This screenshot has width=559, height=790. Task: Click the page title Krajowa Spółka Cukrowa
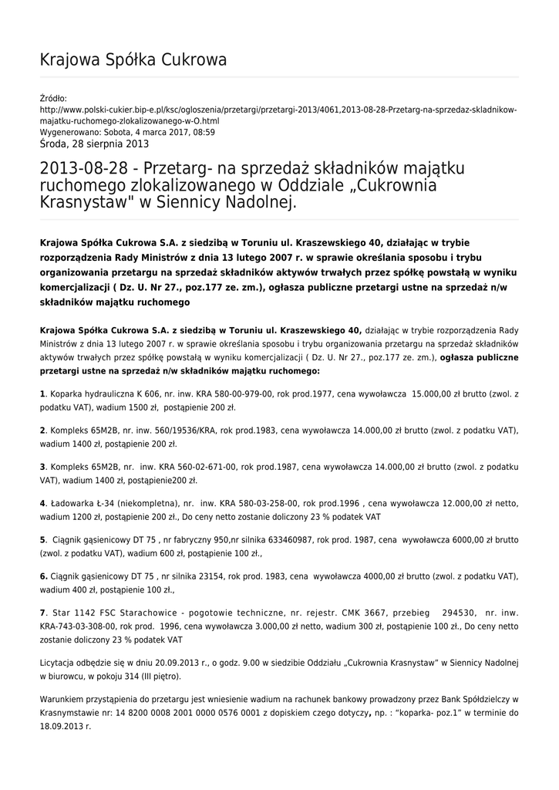(x=133, y=60)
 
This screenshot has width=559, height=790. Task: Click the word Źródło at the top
(x=53, y=98)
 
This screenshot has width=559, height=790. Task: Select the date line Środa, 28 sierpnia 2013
(x=94, y=143)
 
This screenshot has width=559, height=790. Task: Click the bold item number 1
(x=42, y=394)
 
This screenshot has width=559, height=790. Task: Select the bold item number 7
(x=42, y=613)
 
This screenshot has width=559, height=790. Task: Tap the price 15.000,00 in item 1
(x=439, y=394)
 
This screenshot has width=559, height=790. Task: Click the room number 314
(x=126, y=677)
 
